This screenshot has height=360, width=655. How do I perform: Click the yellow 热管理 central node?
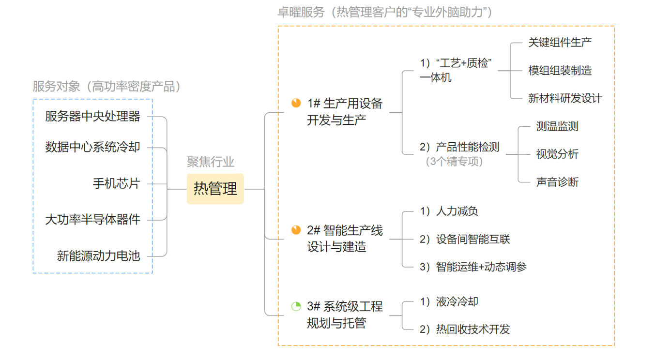point(215,189)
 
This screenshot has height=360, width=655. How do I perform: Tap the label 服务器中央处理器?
point(92,117)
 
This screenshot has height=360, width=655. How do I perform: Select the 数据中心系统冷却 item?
point(92,147)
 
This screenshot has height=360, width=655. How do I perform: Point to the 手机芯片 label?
point(116,183)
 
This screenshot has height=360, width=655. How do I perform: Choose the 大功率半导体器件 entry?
point(92,220)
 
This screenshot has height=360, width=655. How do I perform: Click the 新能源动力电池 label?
point(98,255)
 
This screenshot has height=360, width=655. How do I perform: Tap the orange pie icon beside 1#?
point(296,103)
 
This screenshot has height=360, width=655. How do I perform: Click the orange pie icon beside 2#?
point(296,230)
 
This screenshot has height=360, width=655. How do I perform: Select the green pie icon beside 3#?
point(296,306)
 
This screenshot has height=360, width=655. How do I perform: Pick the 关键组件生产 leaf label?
point(560,43)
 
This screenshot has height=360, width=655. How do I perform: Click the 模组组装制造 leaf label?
point(560,71)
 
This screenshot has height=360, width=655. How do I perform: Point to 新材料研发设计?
point(564,98)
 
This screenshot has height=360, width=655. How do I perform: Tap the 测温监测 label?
point(557,127)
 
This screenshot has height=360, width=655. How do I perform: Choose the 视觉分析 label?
point(557,154)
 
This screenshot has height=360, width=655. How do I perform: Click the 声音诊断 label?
point(557,182)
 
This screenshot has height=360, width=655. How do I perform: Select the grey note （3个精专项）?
point(454,162)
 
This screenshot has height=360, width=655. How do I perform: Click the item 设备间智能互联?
point(472,239)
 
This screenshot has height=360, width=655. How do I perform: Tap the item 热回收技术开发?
point(472,330)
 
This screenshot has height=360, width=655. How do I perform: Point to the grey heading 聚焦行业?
point(211,162)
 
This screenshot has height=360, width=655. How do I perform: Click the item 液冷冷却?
point(457,301)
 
